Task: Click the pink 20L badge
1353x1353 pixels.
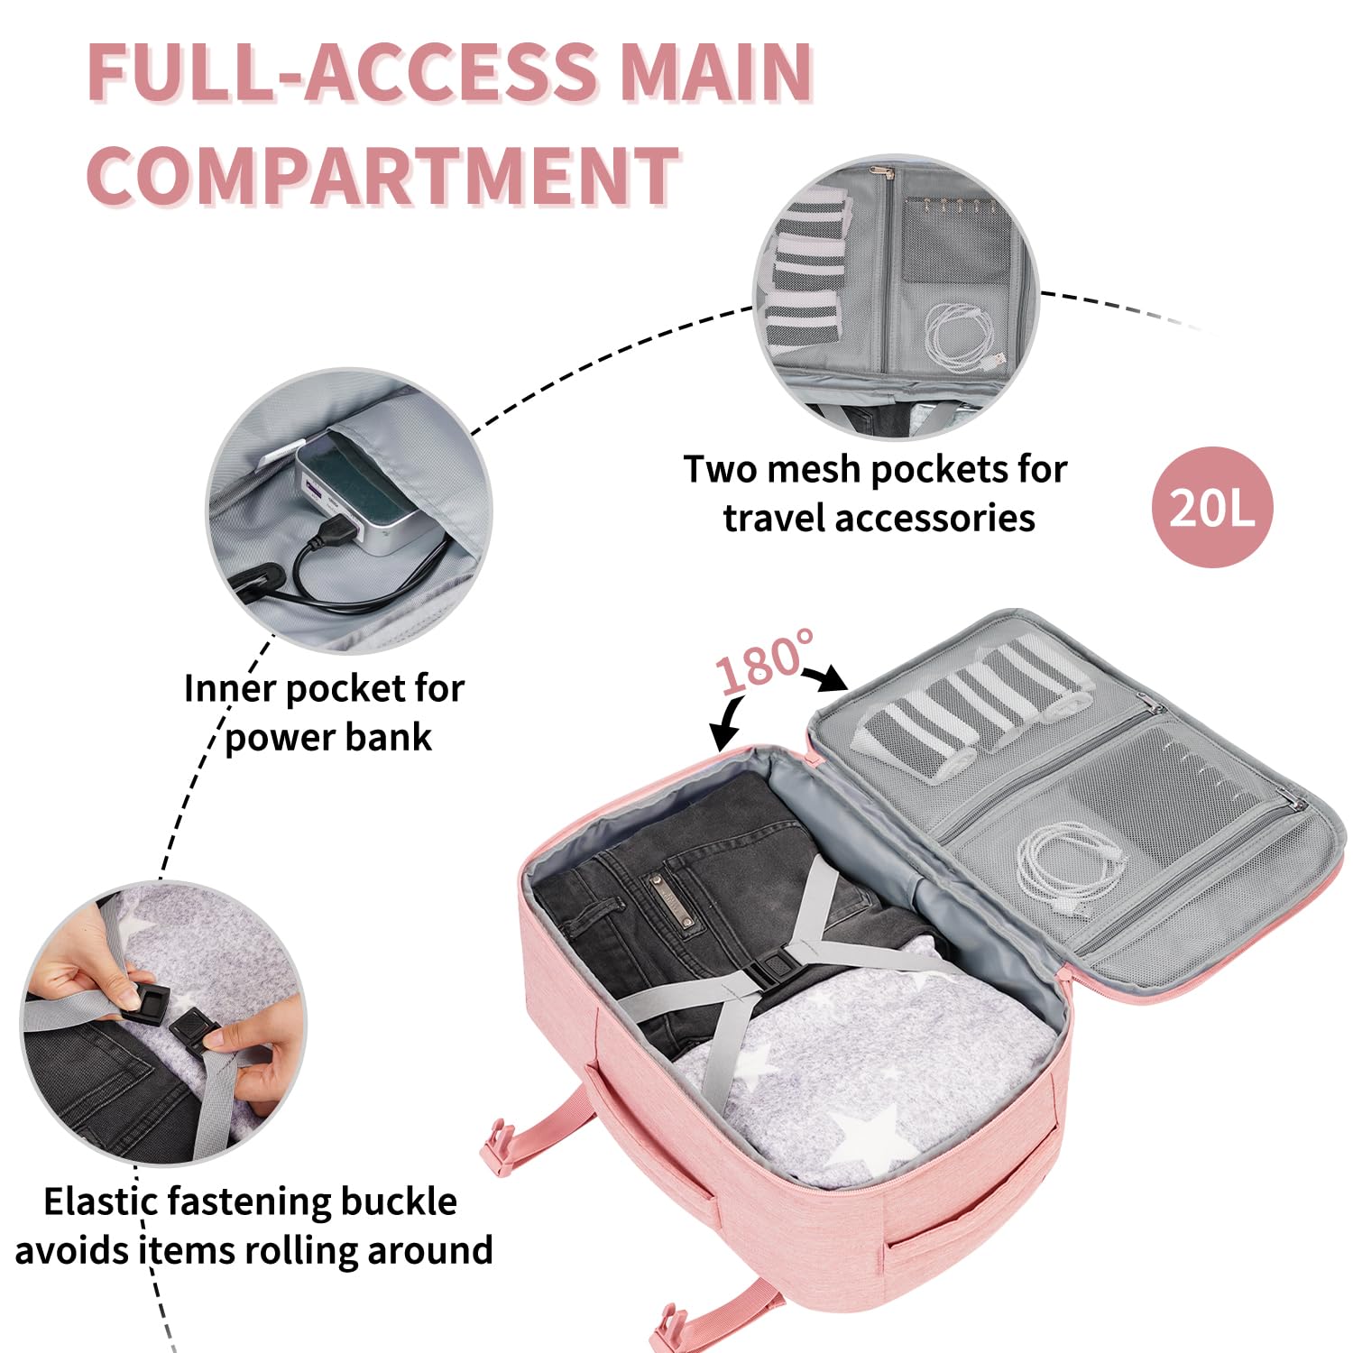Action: click(x=1212, y=508)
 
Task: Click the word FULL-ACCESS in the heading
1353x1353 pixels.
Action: click(x=343, y=72)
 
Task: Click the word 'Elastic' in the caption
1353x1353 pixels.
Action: click(x=99, y=1202)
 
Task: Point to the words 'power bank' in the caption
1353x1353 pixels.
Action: click(x=328, y=737)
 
